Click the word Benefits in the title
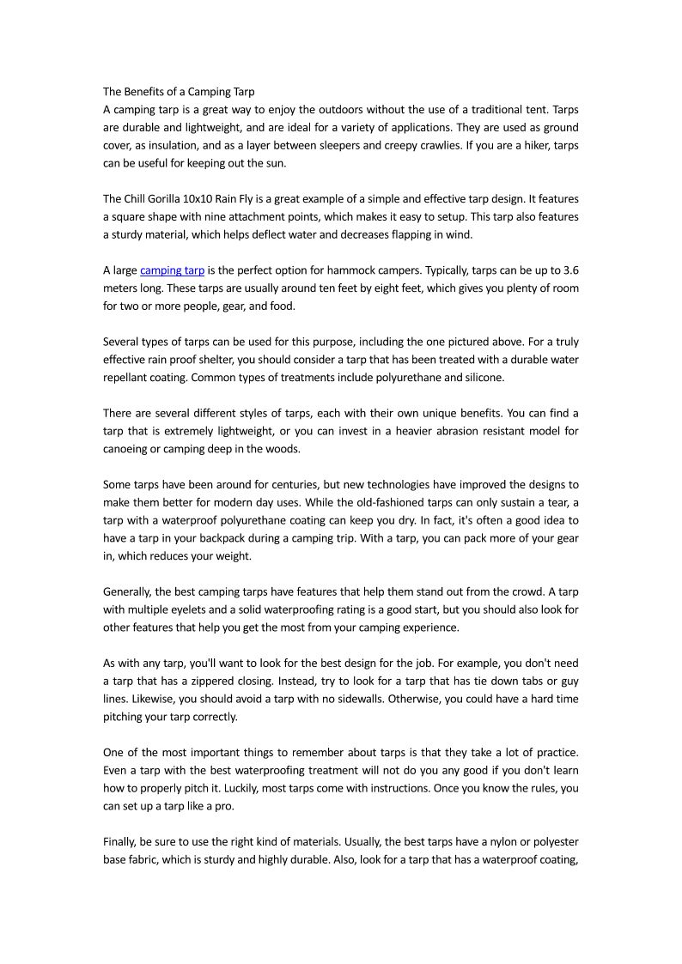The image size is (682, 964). [146, 91]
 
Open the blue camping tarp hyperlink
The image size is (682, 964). [172, 270]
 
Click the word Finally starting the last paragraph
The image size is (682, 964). [122, 842]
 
